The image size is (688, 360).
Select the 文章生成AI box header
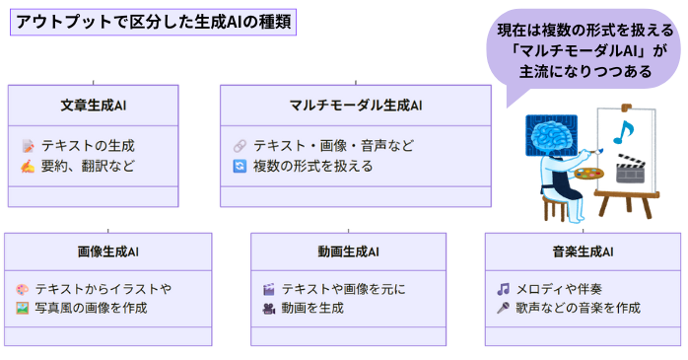94,105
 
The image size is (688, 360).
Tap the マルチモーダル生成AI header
355,105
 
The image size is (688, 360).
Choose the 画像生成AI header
107,252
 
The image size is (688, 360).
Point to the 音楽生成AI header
583,252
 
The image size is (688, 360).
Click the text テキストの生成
86,145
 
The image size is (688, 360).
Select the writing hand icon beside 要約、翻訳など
28,166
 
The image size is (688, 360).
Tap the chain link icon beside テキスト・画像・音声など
239,145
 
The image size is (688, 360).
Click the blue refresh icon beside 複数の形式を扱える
239,166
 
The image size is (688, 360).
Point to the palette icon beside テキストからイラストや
23,289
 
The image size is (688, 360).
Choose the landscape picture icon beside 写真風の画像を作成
23,308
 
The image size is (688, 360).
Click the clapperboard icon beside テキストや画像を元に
268,289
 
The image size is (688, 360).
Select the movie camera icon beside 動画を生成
268,308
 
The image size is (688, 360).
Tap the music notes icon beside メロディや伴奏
503,289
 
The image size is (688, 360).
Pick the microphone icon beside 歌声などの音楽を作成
503,308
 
